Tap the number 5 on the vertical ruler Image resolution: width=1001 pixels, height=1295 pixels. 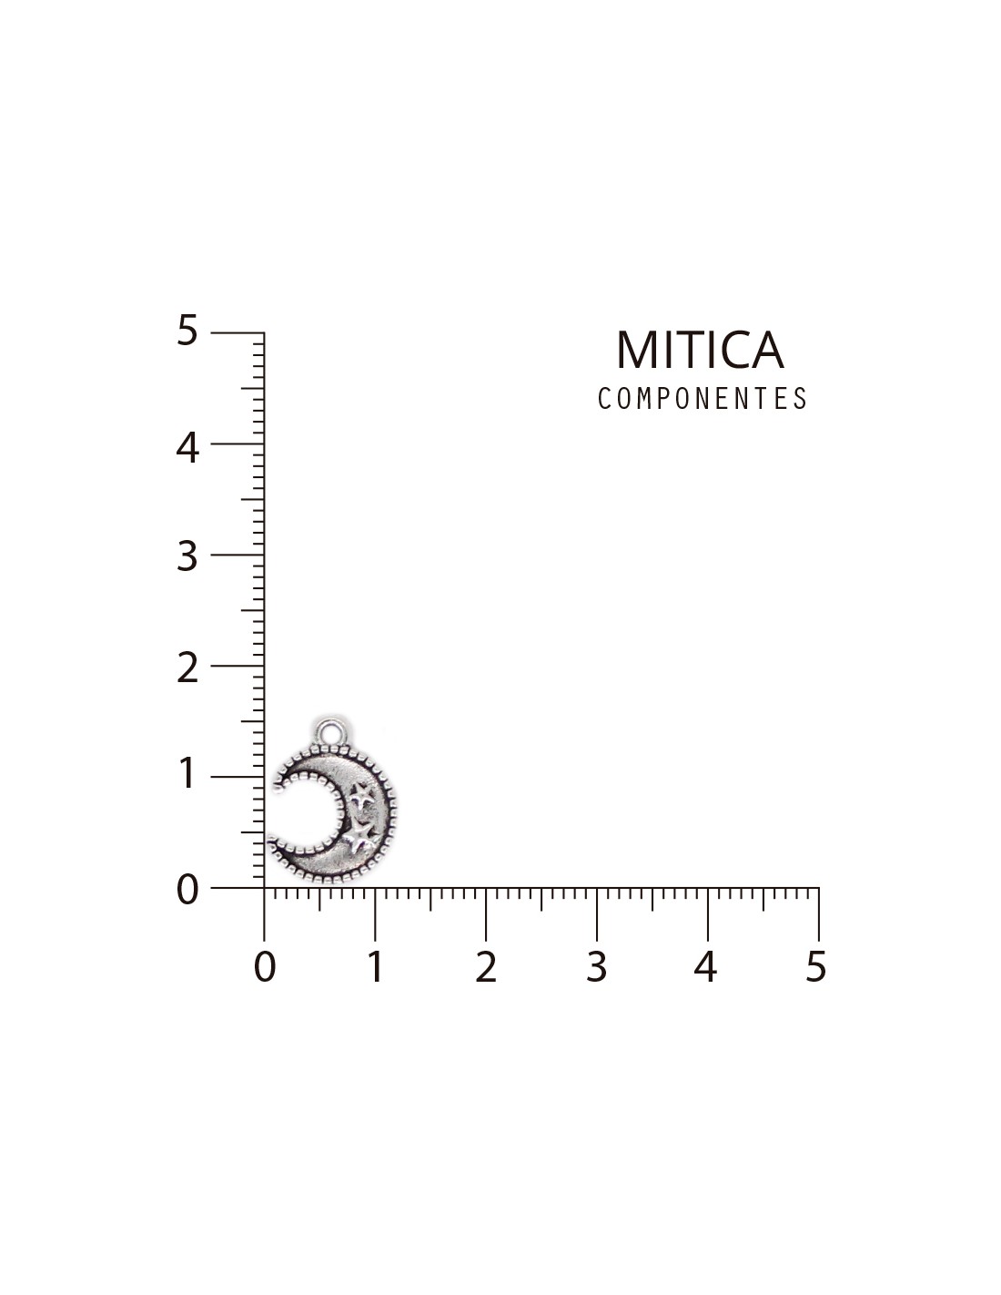[x=187, y=330]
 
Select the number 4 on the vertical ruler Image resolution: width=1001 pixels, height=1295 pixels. [x=187, y=447]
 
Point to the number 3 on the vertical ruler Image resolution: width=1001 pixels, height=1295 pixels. [x=187, y=556]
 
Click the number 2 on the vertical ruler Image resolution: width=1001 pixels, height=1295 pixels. [x=187, y=668]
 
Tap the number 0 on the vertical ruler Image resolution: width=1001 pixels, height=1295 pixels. [x=187, y=891]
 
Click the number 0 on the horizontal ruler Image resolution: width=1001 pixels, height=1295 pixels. [x=265, y=966]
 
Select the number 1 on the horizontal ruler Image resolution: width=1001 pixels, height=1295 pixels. [x=375, y=966]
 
